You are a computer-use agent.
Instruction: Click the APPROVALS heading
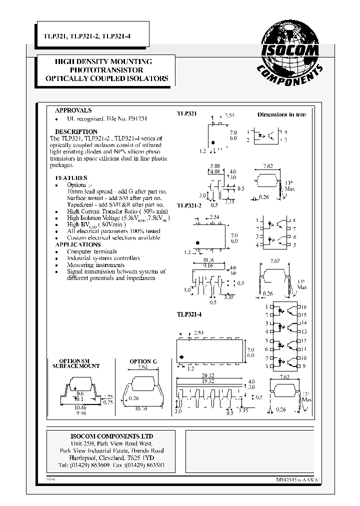(73, 110)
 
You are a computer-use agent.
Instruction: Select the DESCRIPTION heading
(76, 132)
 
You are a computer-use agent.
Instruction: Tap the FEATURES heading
(71, 178)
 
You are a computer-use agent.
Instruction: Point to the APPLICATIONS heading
(77, 244)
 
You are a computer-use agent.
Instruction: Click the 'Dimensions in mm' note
(281, 114)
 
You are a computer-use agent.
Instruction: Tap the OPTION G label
(143, 361)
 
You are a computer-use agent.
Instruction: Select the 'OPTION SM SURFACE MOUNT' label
(76, 363)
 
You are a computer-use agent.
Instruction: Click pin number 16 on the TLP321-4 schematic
(302, 306)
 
